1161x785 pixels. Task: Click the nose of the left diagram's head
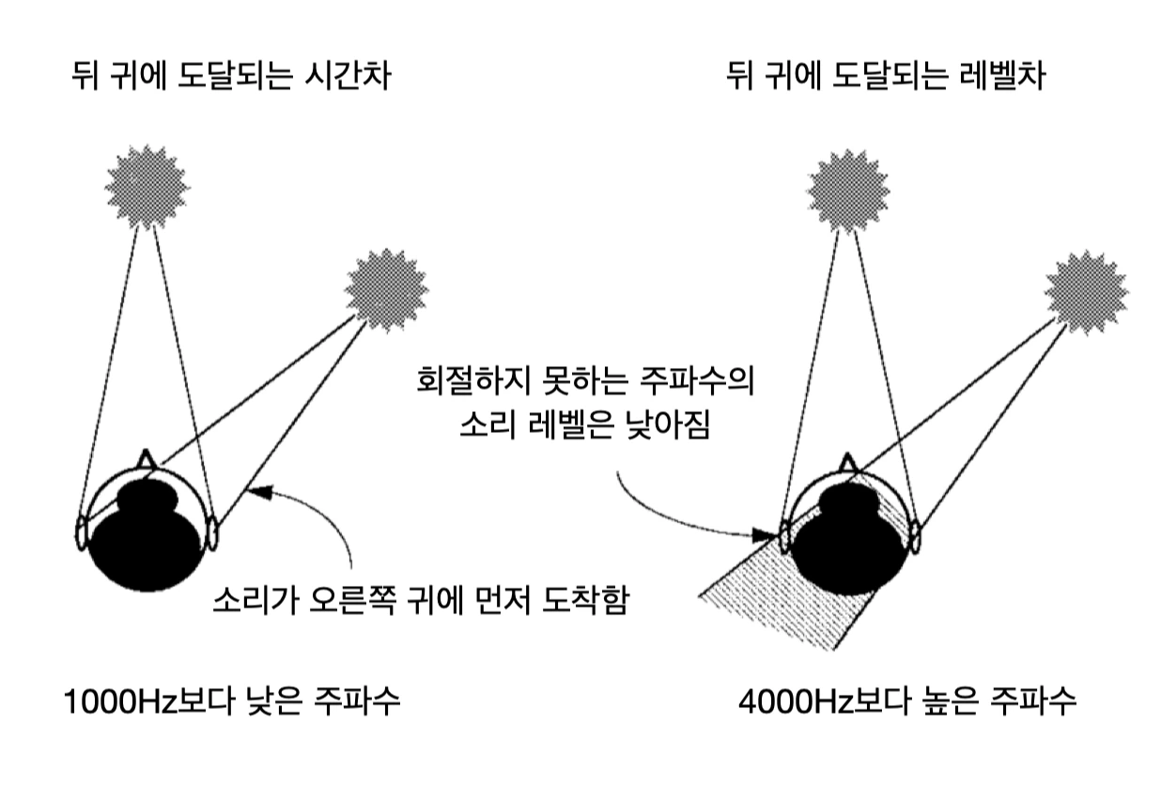pos(145,460)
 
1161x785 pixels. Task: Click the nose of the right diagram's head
pos(850,462)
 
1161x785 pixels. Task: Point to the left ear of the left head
pos(81,533)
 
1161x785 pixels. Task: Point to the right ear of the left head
pos(213,533)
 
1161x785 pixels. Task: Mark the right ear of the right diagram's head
pos(912,538)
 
